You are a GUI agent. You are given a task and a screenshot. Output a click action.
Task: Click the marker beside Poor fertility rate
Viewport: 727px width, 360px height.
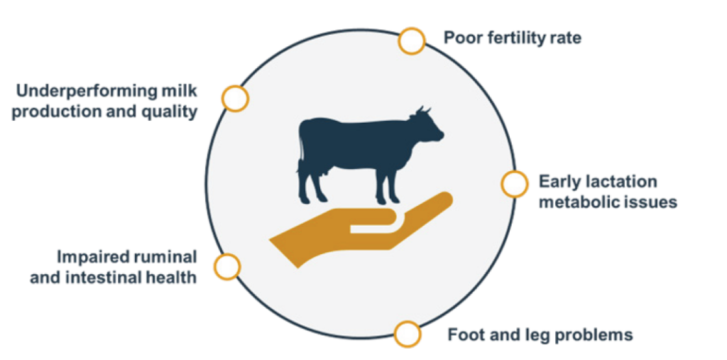click(412, 40)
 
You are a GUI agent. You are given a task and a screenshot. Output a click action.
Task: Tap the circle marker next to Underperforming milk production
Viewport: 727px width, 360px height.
click(235, 99)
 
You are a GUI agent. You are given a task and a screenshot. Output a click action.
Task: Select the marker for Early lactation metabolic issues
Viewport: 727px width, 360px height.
click(514, 184)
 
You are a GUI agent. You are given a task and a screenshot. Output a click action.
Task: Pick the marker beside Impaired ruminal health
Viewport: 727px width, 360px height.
click(227, 267)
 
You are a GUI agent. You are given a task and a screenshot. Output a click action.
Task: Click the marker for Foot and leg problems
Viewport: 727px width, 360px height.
click(408, 334)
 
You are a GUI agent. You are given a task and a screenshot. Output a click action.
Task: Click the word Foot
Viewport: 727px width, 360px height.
click(464, 334)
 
